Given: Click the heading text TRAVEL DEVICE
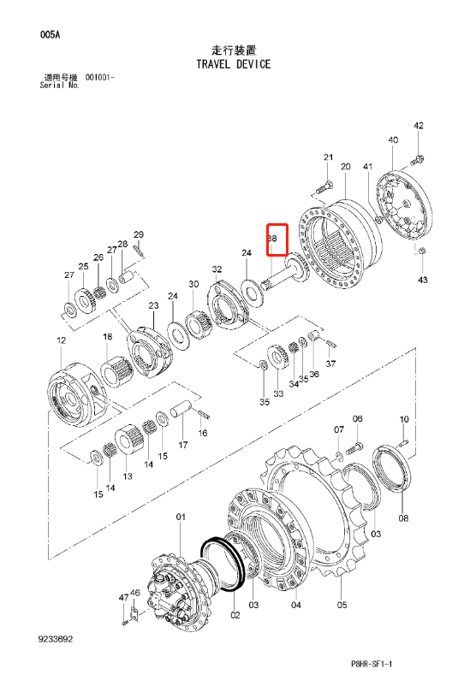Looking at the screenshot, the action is point(234,64).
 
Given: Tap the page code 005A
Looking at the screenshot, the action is point(50,35).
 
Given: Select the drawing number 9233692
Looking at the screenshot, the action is point(56,639).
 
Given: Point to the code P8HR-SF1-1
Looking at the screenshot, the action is point(372,664).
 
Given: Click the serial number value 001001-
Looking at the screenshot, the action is point(100,77).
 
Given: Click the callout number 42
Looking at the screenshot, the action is point(419,126).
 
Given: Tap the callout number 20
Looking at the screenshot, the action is point(345,167).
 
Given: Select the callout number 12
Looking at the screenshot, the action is point(61,340).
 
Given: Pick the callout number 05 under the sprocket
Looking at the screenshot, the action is point(342,605).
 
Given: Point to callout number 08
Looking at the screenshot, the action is point(403,517).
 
